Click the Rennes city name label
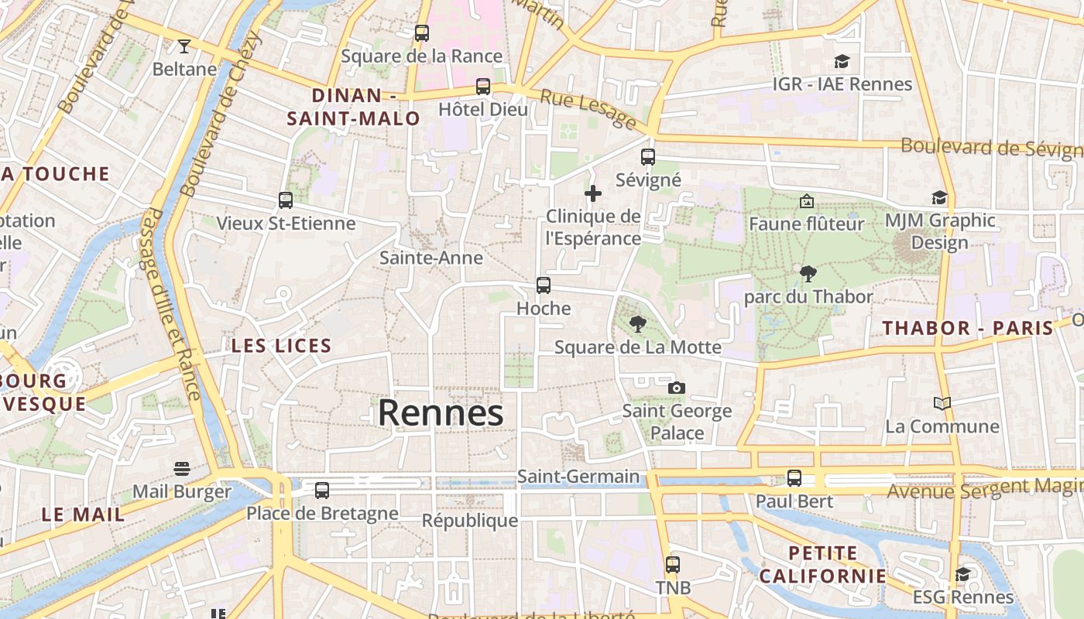[x=440, y=412]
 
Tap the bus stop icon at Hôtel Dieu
[x=483, y=87]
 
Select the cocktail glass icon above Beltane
[x=184, y=46]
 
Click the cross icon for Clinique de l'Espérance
[x=593, y=193]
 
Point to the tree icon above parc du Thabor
[x=808, y=273]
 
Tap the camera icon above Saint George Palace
[x=677, y=388]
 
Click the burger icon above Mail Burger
[x=182, y=469]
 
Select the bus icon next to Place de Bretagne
[x=322, y=490]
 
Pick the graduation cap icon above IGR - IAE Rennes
[x=842, y=61]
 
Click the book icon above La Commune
[x=942, y=403]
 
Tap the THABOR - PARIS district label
[x=968, y=328]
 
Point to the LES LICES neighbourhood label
[x=281, y=346]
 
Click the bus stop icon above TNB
[x=673, y=565]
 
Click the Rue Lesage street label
[x=588, y=108]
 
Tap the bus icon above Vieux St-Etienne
[x=286, y=200]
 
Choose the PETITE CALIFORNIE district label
[x=822, y=565]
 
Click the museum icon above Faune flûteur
[x=806, y=201]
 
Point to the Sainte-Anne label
[x=431, y=258]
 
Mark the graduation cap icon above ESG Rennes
[x=962, y=574]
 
